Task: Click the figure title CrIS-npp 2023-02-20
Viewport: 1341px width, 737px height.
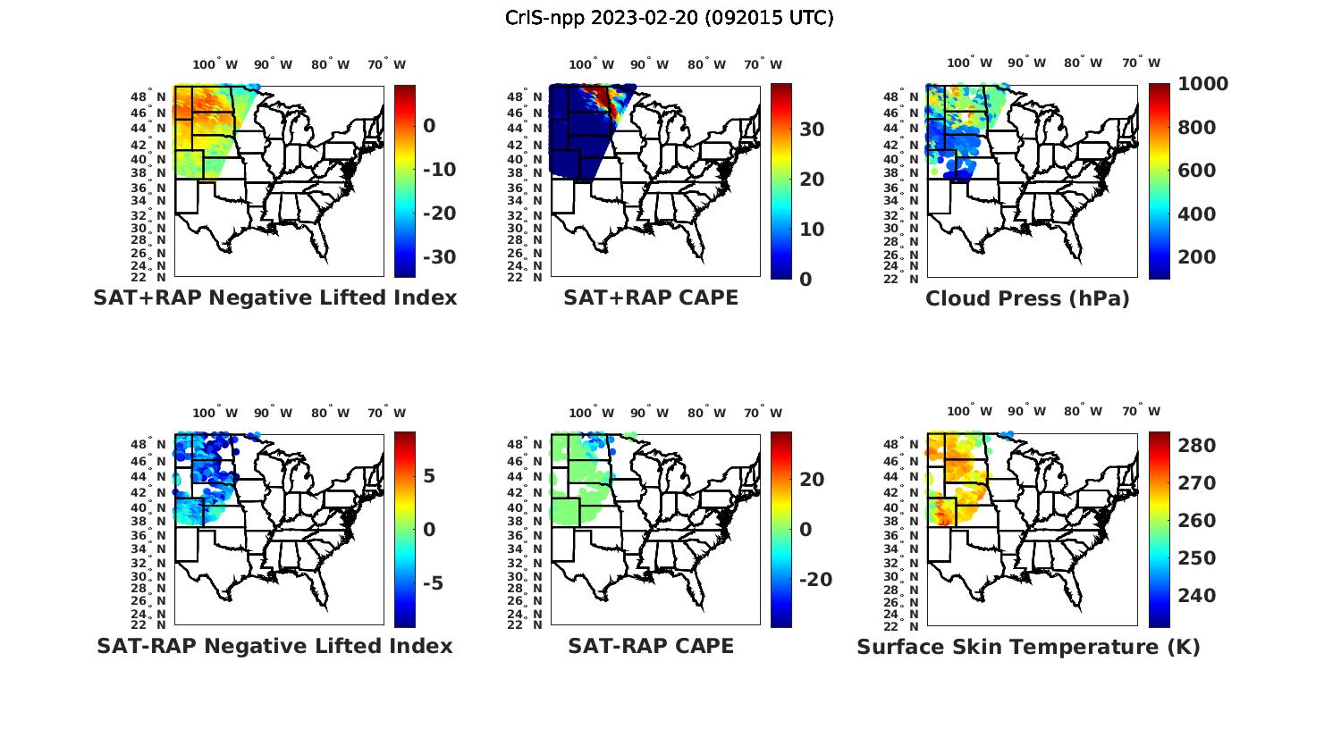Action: [670, 18]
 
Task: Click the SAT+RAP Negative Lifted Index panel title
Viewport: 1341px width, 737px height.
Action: [274, 297]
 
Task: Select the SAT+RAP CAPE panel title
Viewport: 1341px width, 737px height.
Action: [651, 297]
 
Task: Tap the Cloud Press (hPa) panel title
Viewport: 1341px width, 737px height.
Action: [1027, 298]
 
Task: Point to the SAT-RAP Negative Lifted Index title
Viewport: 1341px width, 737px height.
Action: [274, 646]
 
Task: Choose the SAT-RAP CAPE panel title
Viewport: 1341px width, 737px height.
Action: [651, 646]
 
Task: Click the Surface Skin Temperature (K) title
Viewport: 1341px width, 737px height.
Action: [1028, 647]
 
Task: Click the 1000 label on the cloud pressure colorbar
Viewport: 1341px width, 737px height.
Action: [1202, 84]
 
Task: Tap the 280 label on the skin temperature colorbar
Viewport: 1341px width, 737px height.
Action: [1196, 446]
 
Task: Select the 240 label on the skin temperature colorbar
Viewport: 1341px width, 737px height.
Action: [1196, 596]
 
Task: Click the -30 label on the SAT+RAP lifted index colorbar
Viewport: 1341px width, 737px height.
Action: [439, 257]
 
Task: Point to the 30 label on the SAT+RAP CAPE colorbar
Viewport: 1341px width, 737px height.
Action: [812, 130]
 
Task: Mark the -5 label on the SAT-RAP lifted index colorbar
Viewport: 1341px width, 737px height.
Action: [433, 583]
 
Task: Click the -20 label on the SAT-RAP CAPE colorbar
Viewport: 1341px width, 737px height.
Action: [815, 580]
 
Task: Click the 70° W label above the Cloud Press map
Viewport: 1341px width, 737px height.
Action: [1141, 63]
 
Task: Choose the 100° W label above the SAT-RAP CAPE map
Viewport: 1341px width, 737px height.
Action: [591, 413]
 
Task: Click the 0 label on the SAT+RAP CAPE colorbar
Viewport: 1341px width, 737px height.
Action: [805, 280]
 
